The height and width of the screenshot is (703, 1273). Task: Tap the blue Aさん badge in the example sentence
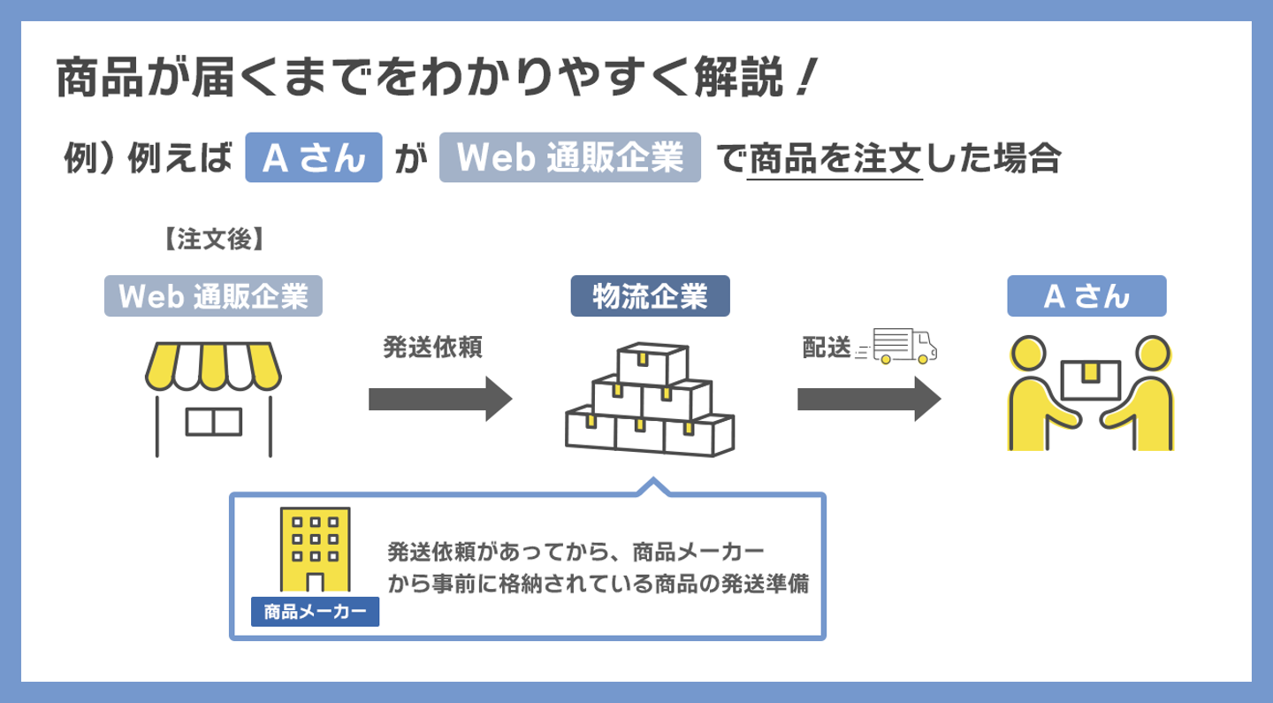coord(313,157)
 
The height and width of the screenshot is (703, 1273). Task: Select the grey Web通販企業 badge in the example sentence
coord(569,157)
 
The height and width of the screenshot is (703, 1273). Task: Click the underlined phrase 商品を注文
coord(835,160)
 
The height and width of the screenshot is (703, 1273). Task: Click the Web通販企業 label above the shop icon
coord(212,296)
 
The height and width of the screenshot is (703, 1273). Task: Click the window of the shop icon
coord(213,421)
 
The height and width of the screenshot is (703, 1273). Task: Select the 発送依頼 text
coord(433,348)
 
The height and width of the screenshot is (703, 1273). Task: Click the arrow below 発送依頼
coord(440,399)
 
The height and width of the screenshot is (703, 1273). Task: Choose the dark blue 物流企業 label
coord(650,296)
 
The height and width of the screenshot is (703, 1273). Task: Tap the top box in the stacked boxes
coord(652,362)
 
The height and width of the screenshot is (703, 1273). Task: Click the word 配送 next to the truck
coord(826,348)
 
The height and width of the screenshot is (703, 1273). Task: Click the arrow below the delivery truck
coord(869,399)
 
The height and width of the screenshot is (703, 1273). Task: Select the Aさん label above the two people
coord(1086,296)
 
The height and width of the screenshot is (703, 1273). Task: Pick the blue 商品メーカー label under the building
coord(316,612)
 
